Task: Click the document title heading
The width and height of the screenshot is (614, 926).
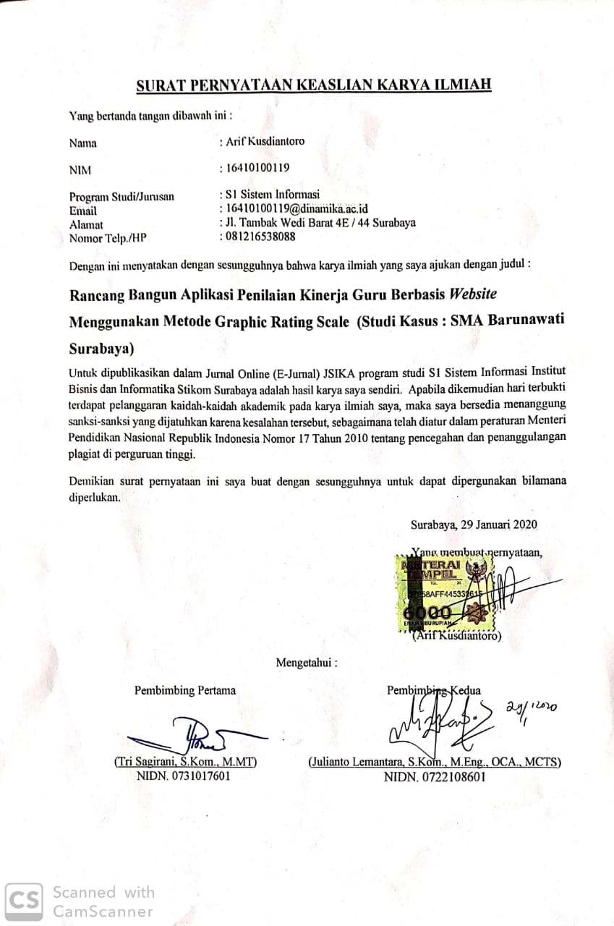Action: [314, 85]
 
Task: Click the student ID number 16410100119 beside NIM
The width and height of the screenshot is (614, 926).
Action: [257, 168]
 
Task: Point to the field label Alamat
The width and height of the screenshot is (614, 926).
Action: [86, 224]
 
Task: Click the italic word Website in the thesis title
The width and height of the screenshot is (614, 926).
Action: [474, 294]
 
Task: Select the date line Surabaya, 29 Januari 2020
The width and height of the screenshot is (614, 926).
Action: [474, 525]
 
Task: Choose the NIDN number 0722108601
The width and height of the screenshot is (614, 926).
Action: [435, 777]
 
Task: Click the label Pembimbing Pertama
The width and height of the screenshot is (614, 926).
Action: [185, 690]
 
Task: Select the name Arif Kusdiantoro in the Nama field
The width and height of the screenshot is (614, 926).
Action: [265, 141]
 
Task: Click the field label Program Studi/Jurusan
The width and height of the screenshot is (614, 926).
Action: [121, 196]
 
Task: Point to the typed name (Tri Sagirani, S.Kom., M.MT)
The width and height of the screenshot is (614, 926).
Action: [186, 762]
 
